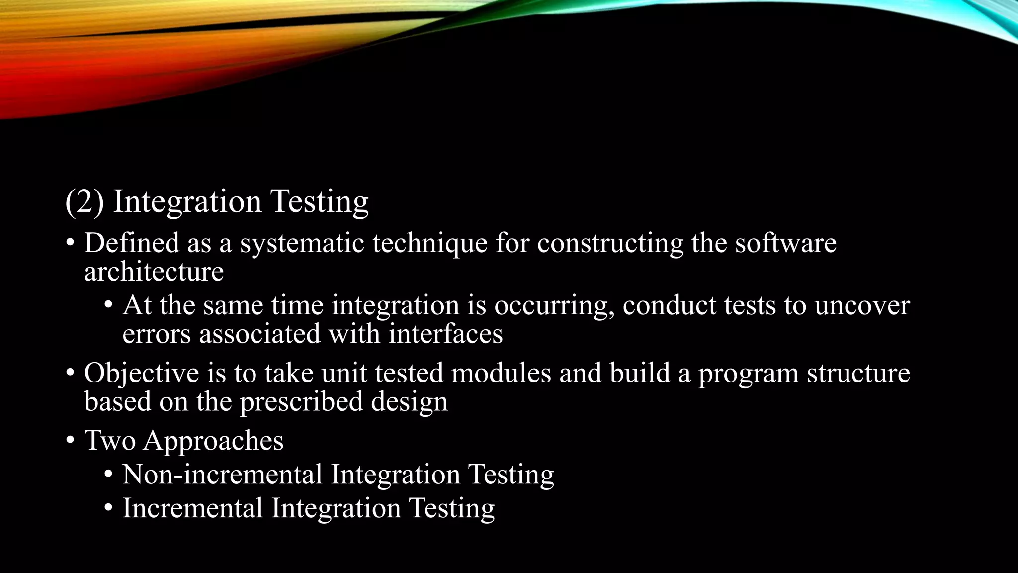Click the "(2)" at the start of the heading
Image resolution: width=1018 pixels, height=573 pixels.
tap(85, 202)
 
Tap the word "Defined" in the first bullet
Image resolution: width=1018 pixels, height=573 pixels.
tap(132, 243)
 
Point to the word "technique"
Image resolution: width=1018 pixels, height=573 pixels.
tap(430, 243)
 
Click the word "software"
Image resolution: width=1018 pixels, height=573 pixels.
tap(785, 243)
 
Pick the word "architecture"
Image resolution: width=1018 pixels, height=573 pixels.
tap(154, 272)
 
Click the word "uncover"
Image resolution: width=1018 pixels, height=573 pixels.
tap(862, 305)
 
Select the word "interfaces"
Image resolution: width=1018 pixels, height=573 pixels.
tap(445, 333)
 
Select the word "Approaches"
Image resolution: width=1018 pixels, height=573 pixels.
tap(213, 441)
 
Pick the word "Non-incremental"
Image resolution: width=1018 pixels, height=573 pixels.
tap(222, 474)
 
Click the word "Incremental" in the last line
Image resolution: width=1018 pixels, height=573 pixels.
tap(192, 508)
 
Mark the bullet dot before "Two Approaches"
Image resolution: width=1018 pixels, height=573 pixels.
tap(70, 441)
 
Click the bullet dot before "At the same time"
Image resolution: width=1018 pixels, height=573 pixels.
tap(108, 305)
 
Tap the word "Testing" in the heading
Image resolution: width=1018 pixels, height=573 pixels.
tap(319, 202)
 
